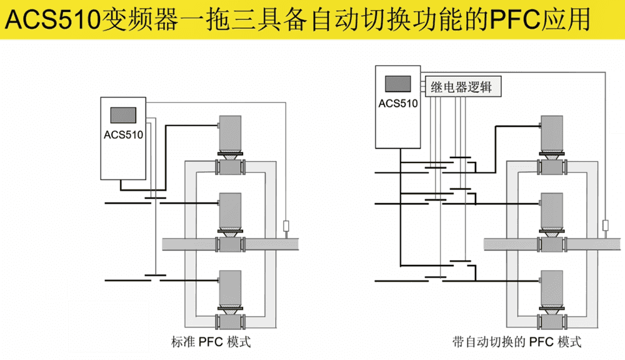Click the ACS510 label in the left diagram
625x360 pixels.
[x=124, y=134]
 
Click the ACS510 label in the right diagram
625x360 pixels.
[x=398, y=103]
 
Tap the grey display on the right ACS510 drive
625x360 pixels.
[x=398, y=84]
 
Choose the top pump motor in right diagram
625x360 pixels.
[x=552, y=133]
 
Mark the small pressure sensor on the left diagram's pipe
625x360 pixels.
[x=287, y=226]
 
